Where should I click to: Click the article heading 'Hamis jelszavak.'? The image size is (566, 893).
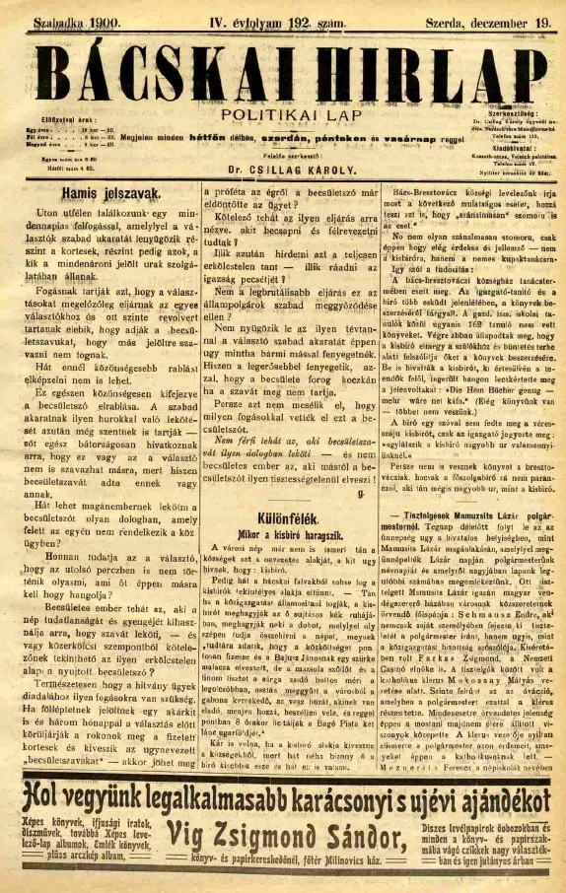tap(102, 194)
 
